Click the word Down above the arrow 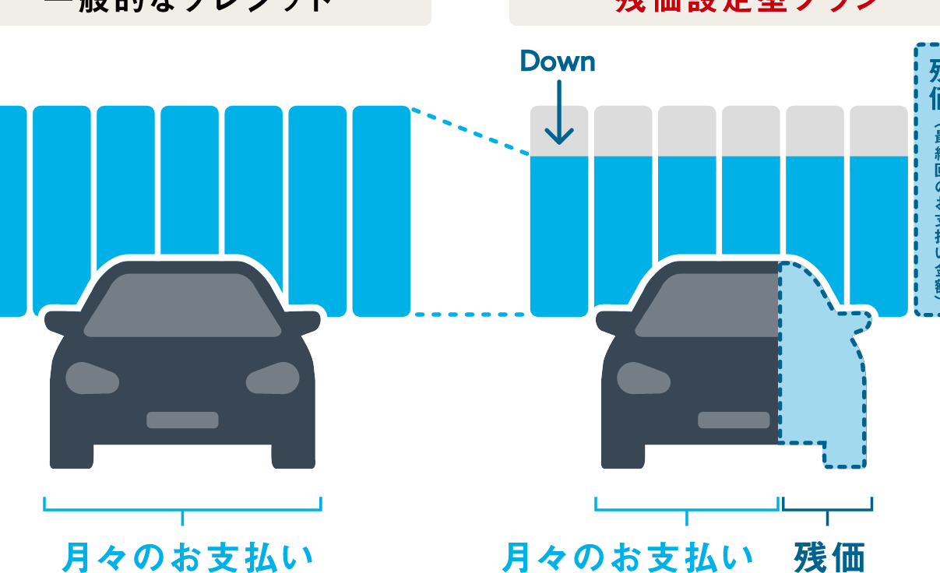[x=558, y=62]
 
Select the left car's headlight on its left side [x=92, y=378]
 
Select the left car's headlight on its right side [x=273, y=378]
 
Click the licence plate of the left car [x=182, y=420]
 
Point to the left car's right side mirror [x=305, y=320]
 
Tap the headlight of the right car [x=643, y=378]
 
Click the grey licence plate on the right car [x=734, y=420]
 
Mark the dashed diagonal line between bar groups [x=470, y=131]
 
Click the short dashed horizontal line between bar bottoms [x=470, y=315]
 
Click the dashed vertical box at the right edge [x=928, y=179]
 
